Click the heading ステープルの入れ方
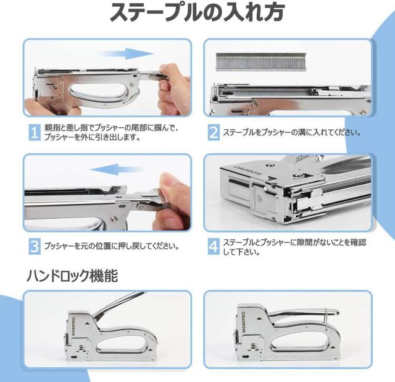point(197,12)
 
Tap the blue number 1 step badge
point(35,132)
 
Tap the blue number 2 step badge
point(214,132)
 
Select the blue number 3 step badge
point(35,246)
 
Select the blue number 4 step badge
point(214,246)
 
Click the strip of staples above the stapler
point(261,61)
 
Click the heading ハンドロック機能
point(72,276)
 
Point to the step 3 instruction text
point(112,246)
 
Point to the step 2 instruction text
point(292,132)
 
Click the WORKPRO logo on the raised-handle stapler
point(73,326)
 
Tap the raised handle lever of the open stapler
point(118,305)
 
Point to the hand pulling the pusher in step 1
point(175,88)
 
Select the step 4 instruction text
point(294,247)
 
